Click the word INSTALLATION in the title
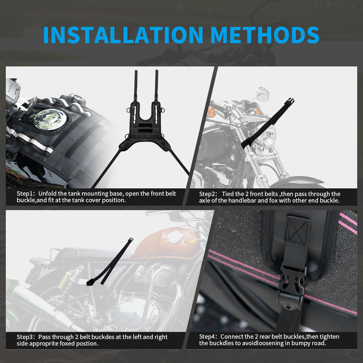[123, 35]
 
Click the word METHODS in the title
[265, 35]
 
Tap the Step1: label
[26, 193]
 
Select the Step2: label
[208, 194]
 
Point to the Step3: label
[26, 337]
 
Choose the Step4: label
[208, 337]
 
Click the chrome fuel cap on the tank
[49, 119]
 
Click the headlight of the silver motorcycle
[268, 135]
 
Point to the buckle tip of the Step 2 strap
[290, 102]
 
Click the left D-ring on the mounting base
[129, 110]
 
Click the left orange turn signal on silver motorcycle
[212, 112]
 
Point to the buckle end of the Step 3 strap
[131, 240]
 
